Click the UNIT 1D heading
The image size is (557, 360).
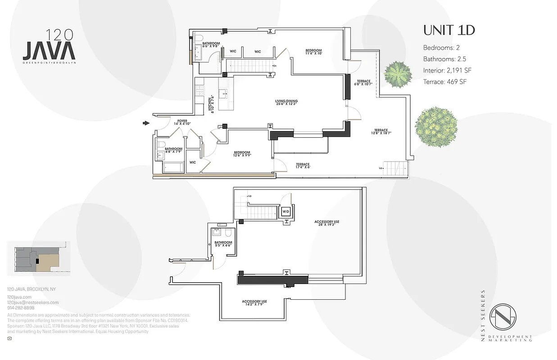coord(449,31)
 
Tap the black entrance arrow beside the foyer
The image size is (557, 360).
coord(146,122)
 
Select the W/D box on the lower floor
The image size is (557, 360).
coord(286,211)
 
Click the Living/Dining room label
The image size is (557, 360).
coord(287,103)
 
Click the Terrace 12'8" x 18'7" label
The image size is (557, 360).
coord(381,131)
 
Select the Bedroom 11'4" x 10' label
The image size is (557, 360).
coord(314,51)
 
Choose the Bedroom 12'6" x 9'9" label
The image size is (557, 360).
coord(242,154)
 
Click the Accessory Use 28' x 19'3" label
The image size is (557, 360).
coord(327,223)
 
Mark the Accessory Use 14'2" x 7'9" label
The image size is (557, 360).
coord(254,303)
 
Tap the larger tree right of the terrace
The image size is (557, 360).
coord(436,124)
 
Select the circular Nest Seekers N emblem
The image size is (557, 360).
coord(503,317)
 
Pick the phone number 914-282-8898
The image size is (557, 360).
coord(21,308)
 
